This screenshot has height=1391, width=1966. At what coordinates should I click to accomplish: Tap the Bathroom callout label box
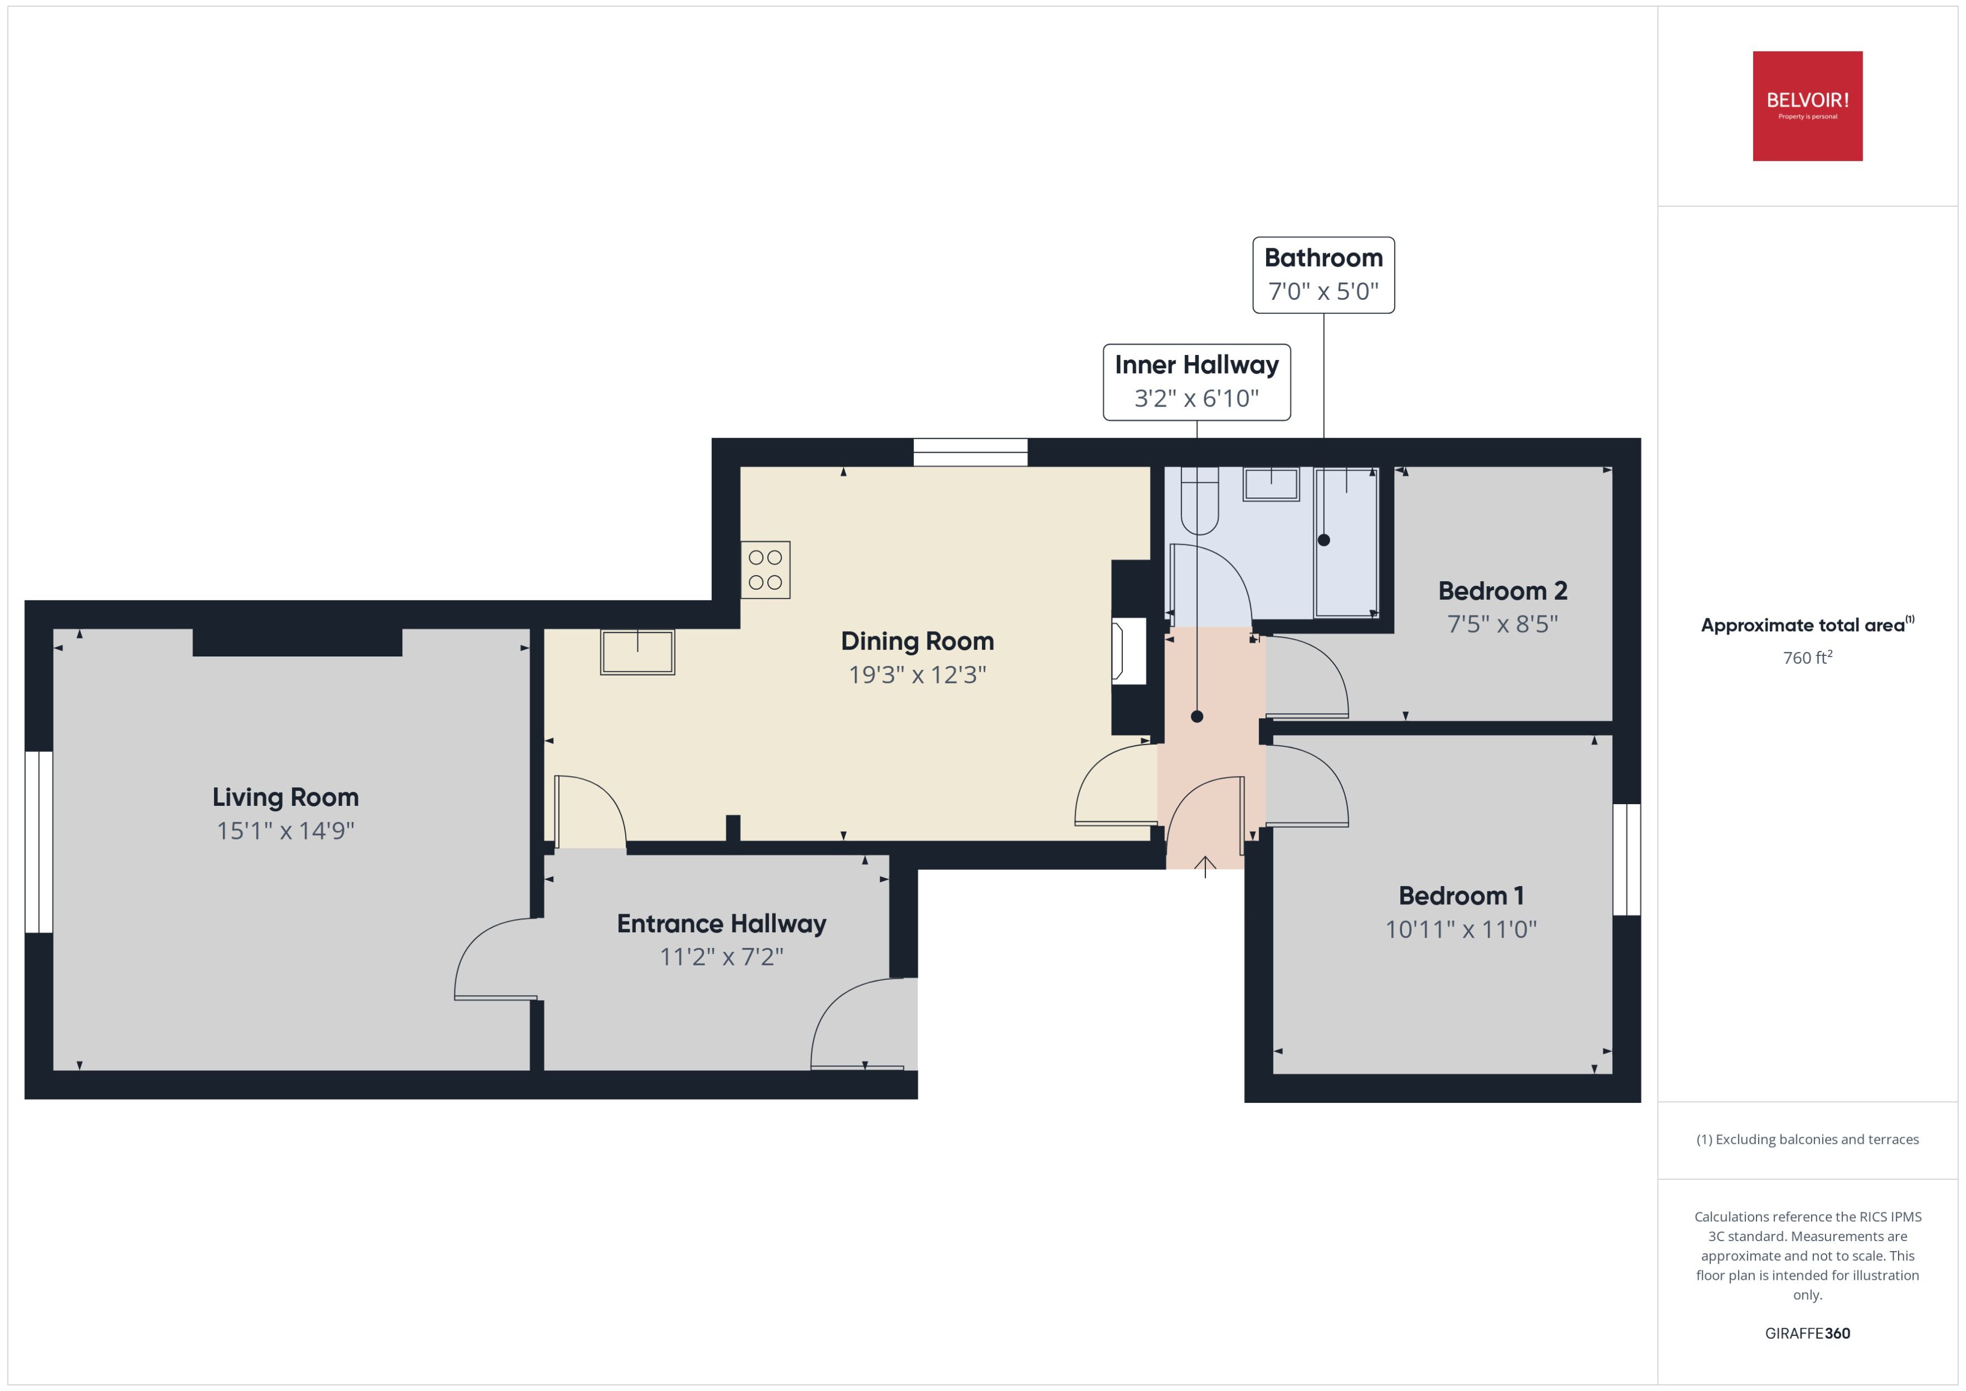point(1323,275)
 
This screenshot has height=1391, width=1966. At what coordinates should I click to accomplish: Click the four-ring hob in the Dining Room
point(765,569)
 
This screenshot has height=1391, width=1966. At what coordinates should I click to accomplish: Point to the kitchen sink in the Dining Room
point(638,652)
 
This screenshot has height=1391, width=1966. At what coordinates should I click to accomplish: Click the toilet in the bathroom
point(1199,501)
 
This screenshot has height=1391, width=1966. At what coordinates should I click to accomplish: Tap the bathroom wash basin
point(1271,484)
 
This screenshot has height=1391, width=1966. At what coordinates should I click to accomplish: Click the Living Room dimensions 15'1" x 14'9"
point(285,831)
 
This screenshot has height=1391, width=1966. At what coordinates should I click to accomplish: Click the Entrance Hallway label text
point(721,923)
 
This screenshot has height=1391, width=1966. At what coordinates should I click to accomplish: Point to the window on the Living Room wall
point(39,841)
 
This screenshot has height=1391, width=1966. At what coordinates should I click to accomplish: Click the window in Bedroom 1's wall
point(1626,859)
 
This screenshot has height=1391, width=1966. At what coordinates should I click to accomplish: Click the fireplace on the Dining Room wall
point(1128,652)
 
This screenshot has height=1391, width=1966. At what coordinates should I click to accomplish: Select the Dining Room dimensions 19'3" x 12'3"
point(917,675)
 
